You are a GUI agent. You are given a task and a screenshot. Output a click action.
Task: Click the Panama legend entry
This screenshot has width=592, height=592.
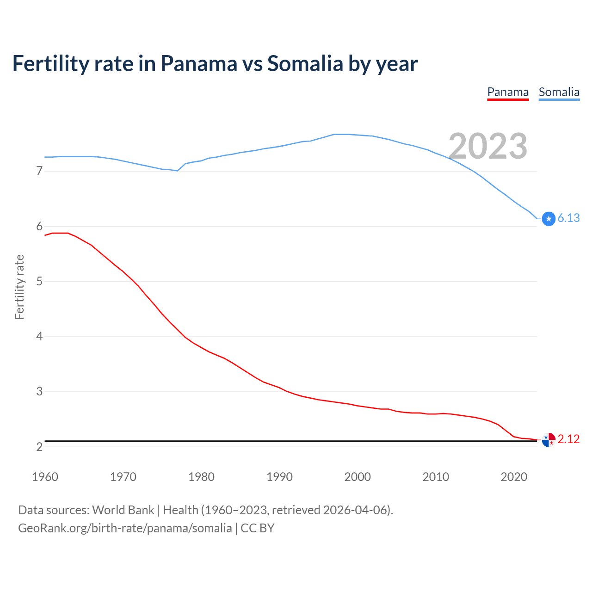coord(508,92)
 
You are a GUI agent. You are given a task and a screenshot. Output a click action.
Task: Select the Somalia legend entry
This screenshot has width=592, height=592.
coord(559,92)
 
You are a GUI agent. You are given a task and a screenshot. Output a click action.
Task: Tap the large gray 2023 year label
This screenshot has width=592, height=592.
coord(488,146)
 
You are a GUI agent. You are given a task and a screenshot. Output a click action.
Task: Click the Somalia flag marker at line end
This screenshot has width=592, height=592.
coord(549,219)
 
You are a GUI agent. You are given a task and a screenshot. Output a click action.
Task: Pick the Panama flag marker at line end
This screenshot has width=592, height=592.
coord(549,440)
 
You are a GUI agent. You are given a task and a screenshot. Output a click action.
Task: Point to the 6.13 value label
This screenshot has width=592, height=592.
coord(568,218)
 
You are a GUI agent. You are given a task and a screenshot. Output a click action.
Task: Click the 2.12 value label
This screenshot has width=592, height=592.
coord(568,439)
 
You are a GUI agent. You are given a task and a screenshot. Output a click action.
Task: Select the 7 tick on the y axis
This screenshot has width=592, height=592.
coord(39,171)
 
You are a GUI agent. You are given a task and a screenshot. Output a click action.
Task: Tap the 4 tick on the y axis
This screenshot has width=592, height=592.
coord(39,337)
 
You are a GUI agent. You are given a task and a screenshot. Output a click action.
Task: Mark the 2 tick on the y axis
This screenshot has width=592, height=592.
coord(39,447)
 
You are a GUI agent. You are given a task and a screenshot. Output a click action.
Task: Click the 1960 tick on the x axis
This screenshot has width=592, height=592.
coord(45,477)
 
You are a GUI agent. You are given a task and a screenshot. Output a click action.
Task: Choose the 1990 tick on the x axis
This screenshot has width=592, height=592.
coord(279,477)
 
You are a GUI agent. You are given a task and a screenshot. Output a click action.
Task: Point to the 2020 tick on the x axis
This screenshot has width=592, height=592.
coord(514,477)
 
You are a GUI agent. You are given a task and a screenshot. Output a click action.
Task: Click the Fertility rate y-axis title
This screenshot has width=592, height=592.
coord(19,287)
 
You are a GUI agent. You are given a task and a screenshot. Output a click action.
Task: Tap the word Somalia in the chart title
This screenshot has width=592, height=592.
coord(305,64)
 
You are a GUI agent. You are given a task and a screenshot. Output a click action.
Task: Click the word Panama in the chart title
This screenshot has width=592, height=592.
coord(198,64)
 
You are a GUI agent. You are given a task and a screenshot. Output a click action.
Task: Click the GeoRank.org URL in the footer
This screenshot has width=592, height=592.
coord(125,528)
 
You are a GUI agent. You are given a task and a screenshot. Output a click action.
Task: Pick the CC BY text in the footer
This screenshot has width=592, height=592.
coord(258,528)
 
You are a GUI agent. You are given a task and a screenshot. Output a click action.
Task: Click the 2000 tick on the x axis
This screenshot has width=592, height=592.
coord(358,477)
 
